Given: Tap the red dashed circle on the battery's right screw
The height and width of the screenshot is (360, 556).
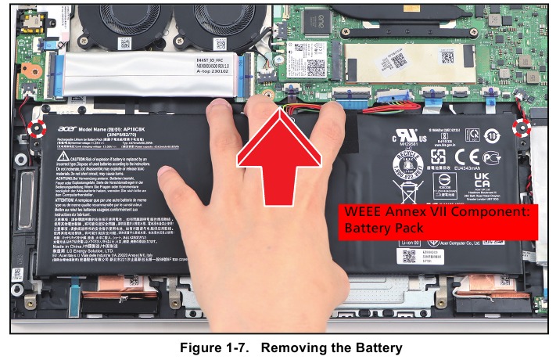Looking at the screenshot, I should point(518,126).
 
